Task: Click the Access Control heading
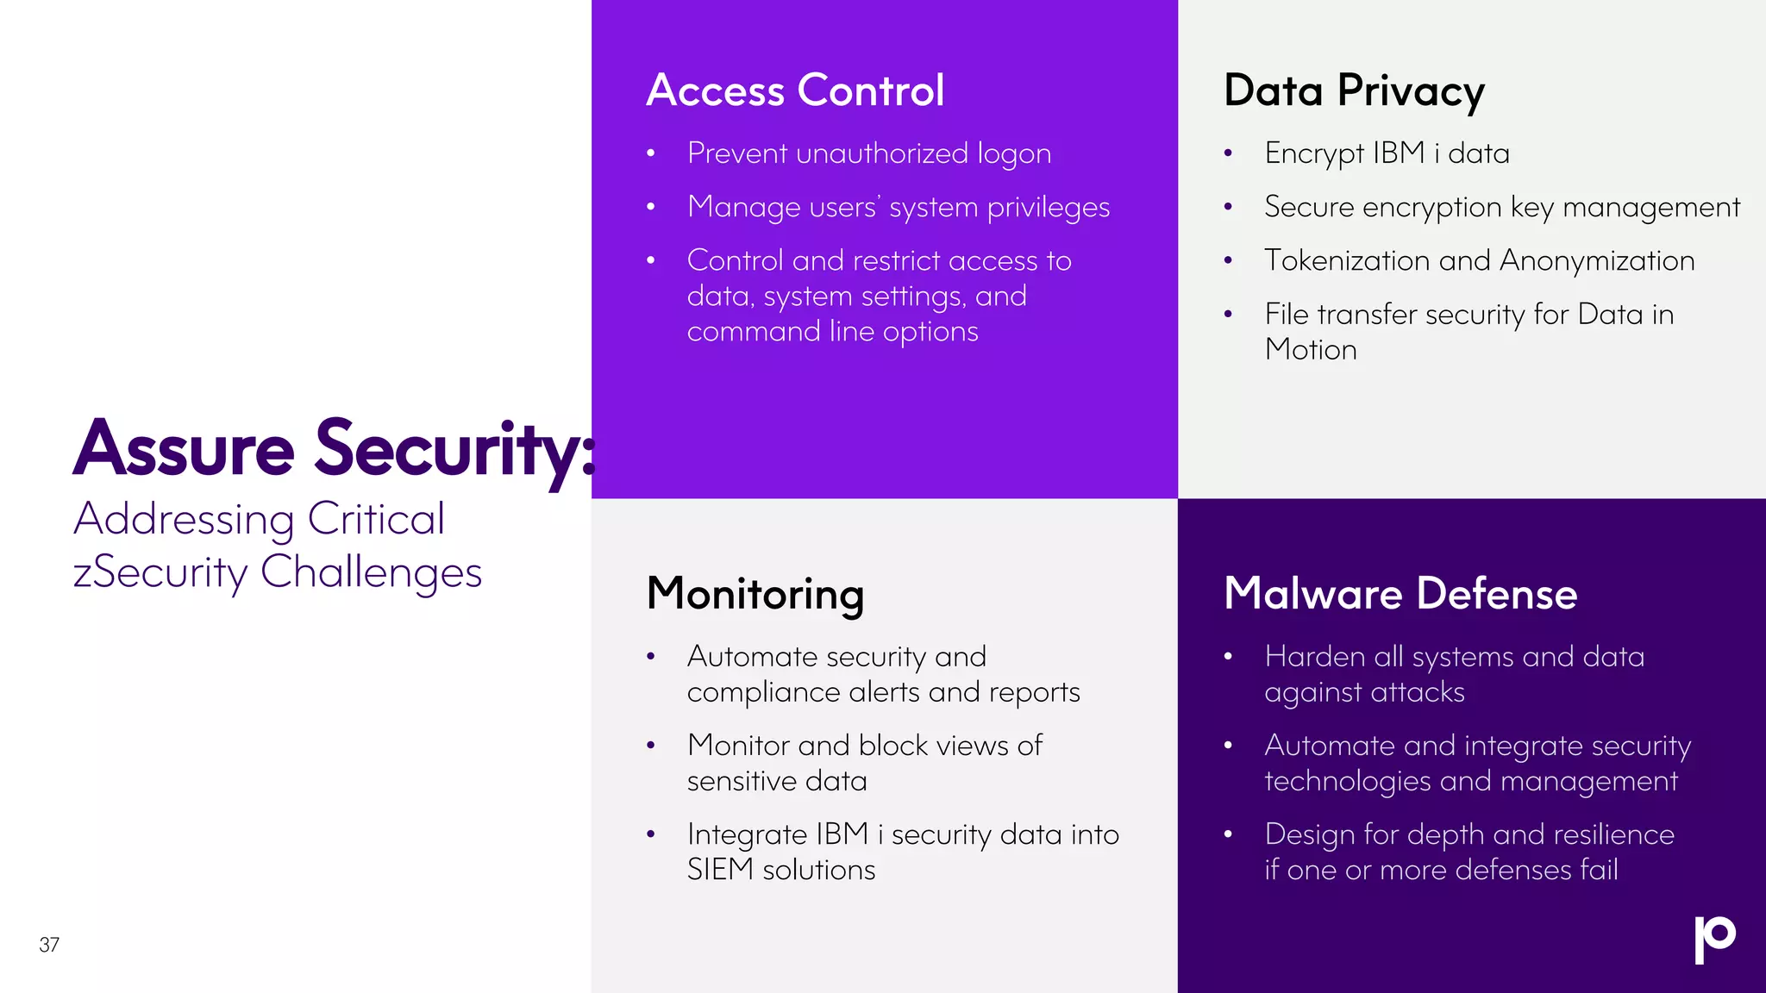pyautogui.click(x=795, y=91)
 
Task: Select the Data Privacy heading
pyautogui.click(x=1354, y=91)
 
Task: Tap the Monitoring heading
pyautogui.click(x=755, y=594)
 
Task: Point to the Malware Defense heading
pyautogui.click(x=1400, y=594)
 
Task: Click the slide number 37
pyautogui.click(x=49, y=945)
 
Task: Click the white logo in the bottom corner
pyautogui.click(x=1714, y=939)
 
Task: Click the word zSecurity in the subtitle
pyautogui.click(x=160, y=573)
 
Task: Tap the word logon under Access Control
pyautogui.click(x=1014, y=154)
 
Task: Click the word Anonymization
pyautogui.click(x=1597, y=260)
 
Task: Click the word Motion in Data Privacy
pyautogui.click(x=1311, y=350)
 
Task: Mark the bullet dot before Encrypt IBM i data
pyautogui.click(x=1228, y=154)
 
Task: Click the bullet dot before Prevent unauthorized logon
pyautogui.click(x=651, y=154)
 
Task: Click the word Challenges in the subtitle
pyautogui.click(x=371, y=573)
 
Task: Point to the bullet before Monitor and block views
pyautogui.click(x=651, y=746)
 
